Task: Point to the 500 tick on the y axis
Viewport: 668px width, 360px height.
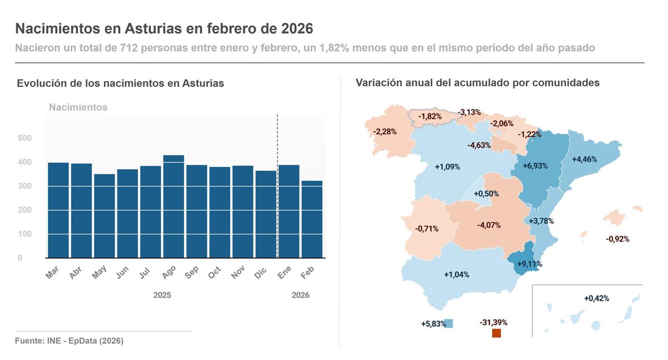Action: [24, 138]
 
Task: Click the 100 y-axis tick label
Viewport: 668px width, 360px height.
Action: [24, 234]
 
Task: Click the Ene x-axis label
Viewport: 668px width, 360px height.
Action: [284, 273]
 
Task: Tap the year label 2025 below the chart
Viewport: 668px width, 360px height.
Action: [162, 295]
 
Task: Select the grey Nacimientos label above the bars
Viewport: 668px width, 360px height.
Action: [78, 107]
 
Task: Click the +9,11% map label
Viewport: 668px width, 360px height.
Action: [529, 264]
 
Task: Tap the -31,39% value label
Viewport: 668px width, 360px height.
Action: [493, 322]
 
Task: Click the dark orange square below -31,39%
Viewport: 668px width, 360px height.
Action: [497, 333]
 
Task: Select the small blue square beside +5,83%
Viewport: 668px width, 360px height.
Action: [448, 323]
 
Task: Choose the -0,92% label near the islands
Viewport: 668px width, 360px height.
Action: [617, 239]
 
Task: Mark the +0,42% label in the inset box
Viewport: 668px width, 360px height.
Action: [596, 298]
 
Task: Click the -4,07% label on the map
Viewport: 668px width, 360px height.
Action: [489, 225]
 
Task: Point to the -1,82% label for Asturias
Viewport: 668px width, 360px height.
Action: [430, 116]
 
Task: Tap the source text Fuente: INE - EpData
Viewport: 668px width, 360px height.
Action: [69, 341]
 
